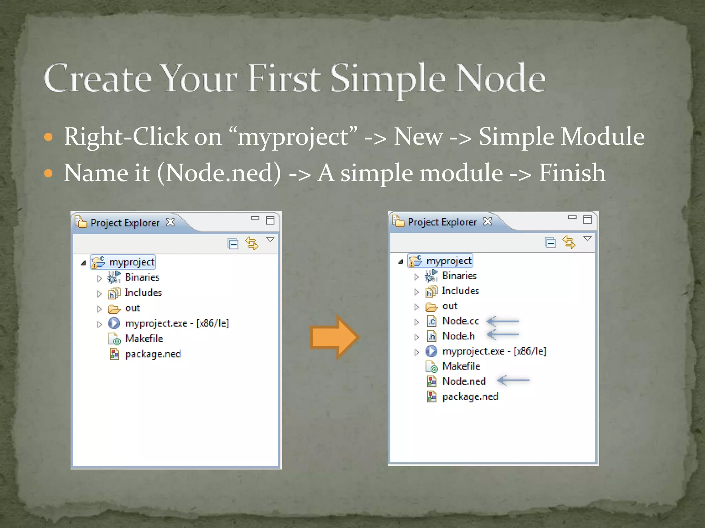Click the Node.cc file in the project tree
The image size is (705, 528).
click(x=460, y=321)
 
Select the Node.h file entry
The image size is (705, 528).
click(x=458, y=336)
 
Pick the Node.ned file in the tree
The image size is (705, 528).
click(x=463, y=381)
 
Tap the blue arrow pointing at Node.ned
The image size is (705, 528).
click(x=513, y=380)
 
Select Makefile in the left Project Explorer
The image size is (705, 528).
click(x=144, y=339)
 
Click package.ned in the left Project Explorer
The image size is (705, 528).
click(x=152, y=354)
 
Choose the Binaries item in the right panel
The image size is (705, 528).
click(x=459, y=276)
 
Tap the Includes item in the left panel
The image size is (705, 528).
click(x=143, y=293)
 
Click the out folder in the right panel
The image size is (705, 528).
click(x=449, y=306)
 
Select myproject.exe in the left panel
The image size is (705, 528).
click(x=177, y=323)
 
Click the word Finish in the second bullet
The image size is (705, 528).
click(x=571, y=173)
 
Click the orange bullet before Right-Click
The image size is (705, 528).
click(x=49, y=137)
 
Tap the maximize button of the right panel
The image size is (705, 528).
click(x=587, y=219)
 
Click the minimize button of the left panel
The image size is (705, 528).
click(x=255, y=218)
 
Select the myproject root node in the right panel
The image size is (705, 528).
click(x=449, y=261)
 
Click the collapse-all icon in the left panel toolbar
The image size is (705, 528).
click(x=233, y=244)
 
